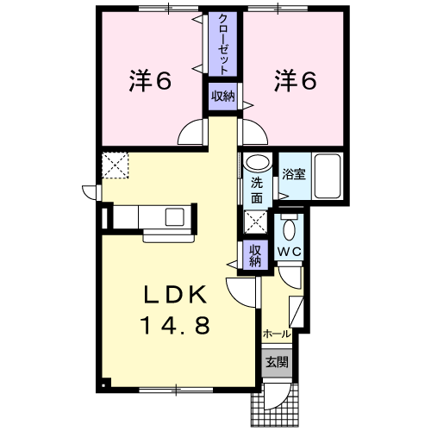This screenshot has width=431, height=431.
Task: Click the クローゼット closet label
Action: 223,44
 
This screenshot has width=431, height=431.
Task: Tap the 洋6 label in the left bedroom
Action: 150,80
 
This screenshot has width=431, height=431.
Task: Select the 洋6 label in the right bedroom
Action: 296,80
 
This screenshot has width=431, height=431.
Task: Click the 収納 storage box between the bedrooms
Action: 223,97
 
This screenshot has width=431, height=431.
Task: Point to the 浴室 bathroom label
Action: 294,174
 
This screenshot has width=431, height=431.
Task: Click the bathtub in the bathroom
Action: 328,176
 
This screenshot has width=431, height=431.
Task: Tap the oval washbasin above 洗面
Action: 259,163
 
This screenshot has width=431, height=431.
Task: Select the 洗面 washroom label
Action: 257,191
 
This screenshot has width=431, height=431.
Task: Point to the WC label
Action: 289,252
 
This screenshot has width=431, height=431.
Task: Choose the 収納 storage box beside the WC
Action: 255,255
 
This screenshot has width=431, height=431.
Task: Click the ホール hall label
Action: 277,334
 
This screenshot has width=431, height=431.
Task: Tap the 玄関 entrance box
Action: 277,362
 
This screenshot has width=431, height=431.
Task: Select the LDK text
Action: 175,295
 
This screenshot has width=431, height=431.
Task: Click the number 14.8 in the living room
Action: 175,325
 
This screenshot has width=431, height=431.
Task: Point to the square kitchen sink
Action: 175,217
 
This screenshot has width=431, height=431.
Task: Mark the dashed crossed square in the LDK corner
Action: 115,166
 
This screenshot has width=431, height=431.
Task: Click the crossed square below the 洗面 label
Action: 255,222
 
